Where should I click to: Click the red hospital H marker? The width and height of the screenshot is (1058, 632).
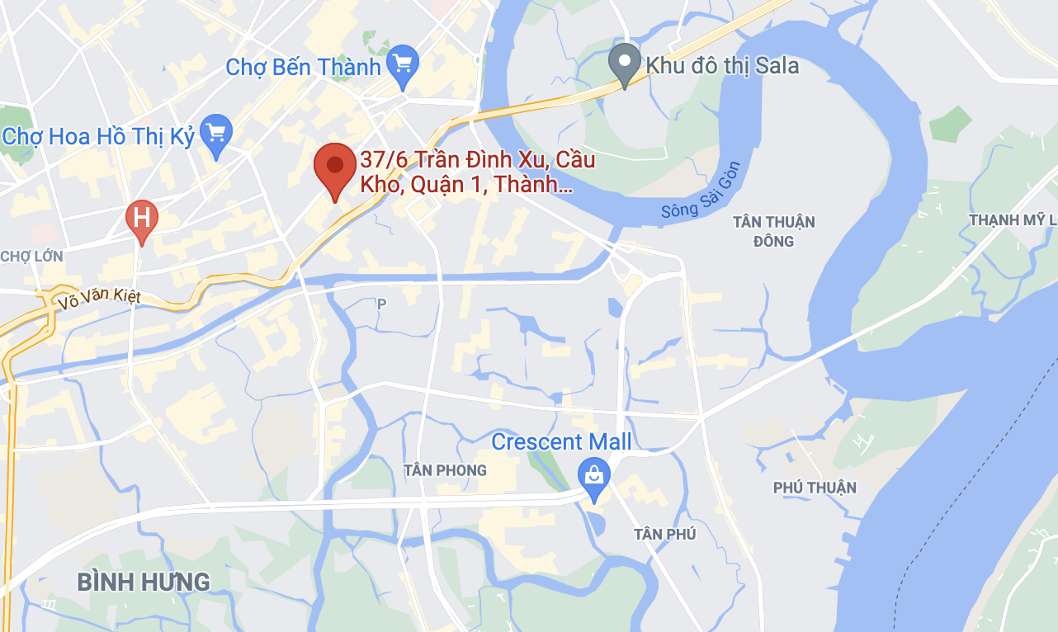pyautogui.click(x=142, y=219)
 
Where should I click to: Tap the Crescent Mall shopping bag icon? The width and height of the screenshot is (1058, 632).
pyautogui.click(x=593, y=476)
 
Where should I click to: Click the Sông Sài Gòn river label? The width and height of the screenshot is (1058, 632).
pyautogui.click(x=701, y=191)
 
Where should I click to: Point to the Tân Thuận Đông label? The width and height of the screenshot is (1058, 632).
pyautogui.click(x=773, y=231)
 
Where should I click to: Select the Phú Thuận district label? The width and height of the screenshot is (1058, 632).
pyautogui.click(x=815, y=488)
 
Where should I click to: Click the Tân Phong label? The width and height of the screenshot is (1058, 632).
pyautogui.click(x=445, y=470)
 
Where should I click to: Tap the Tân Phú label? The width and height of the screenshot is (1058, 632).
pyautogui.click(x=664, y=534)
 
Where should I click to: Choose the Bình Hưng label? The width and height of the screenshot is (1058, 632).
pyautogui.click(x=144, y=582)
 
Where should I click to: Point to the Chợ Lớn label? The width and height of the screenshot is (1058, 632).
pyautogui.click(x=31, y=256)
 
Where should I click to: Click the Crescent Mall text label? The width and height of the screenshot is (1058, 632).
pyautogui.click(x=561, y=442)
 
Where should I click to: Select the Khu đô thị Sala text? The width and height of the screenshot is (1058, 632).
pyautogui.click(x=722, y=65)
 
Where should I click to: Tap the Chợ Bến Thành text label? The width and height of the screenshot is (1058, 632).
pyautogui.click(x=303, y=67)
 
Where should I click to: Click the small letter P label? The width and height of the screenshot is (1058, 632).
pyautogui.click(x=381, y=304)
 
